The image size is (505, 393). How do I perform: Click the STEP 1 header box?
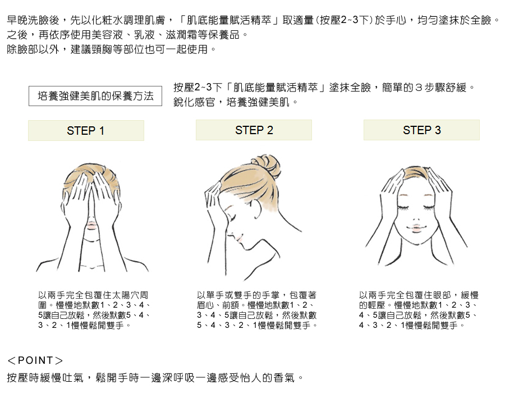tap(86, 130)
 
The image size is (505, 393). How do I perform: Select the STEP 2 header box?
tap(254, 130)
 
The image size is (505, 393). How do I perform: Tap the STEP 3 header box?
tap(421, 130)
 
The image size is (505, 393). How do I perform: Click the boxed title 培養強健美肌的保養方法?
tap(95, 96)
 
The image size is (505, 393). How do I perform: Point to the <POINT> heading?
tap(35, 360)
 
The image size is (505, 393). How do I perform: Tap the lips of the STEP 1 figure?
tap(92, 225)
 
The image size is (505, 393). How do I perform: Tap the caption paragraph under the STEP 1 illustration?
tap(94, 310)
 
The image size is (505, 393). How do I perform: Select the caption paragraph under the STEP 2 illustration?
tap(257, 310)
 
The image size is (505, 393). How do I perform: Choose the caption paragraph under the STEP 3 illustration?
tap(419, 310)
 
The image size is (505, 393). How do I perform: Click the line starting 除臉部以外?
tap(112, 49)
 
